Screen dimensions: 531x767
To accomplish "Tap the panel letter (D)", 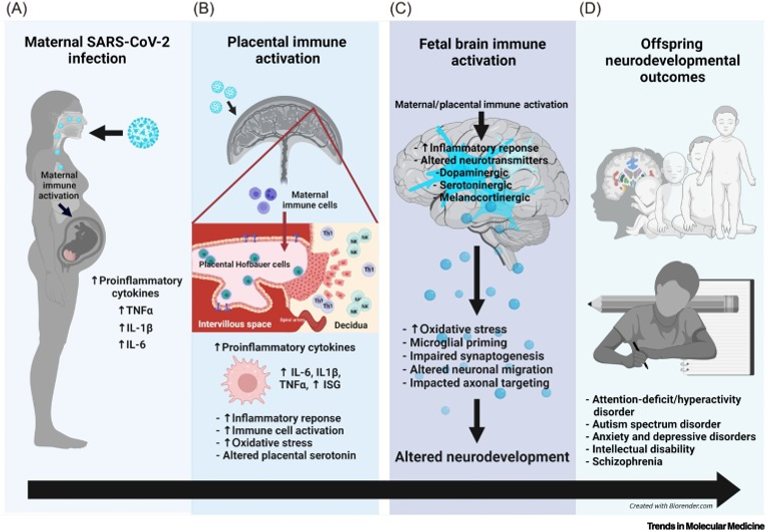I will [590, 10].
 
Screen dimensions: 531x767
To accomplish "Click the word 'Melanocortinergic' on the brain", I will [480, 194].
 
